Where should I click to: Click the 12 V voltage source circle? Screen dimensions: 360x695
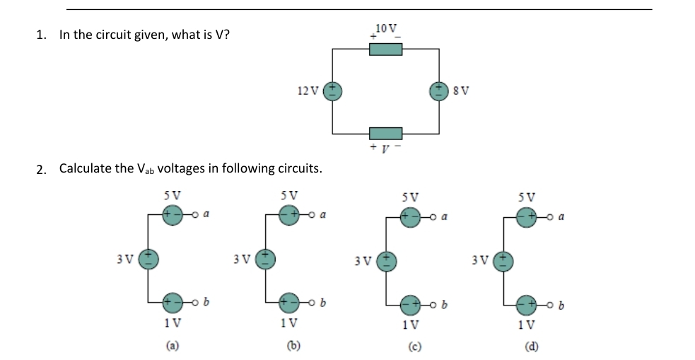pyautogui.click(x=333, y=91)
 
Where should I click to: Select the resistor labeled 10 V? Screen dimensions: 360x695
pyautogui.click(x=386, y=48)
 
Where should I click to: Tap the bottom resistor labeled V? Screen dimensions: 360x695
pyautogui.click(x=386, y=133)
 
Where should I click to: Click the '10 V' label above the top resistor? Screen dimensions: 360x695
pyautogui.click(x=386, y=28)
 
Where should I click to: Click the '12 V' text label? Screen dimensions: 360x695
pyautogui.click(x=309, y=91)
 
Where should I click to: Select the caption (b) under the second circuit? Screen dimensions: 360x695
pyautogui.click(x=290, y=347)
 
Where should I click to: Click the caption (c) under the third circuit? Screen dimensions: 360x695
pyautogui.click(x=410, y=347)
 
